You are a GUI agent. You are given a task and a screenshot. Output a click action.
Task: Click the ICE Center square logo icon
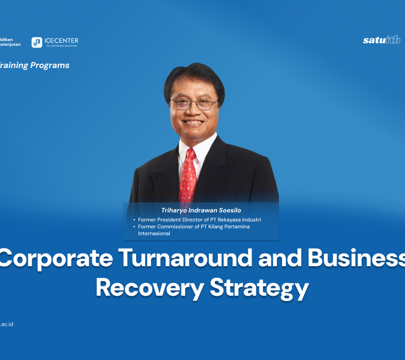click(x=37, y=43)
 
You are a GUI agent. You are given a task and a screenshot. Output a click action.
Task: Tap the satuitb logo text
click(x=381, y=40)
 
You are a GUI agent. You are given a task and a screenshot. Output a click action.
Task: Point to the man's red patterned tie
click(x=188, y=174)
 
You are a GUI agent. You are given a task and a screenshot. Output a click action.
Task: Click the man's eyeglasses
click(x=194, y=104)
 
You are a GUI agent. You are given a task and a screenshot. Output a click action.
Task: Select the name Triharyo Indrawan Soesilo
click(x=201, y=210)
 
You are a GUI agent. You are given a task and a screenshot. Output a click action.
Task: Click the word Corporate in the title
click(x=56, y=259)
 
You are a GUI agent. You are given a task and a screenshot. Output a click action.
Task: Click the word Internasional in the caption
click(x=154, y=233)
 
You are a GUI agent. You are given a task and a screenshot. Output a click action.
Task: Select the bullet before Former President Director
click(x=134, y=219)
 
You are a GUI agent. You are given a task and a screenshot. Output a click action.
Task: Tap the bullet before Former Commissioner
click(x=134, y=227)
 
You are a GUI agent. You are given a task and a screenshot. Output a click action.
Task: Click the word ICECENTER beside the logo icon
click(x=62, y=41)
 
